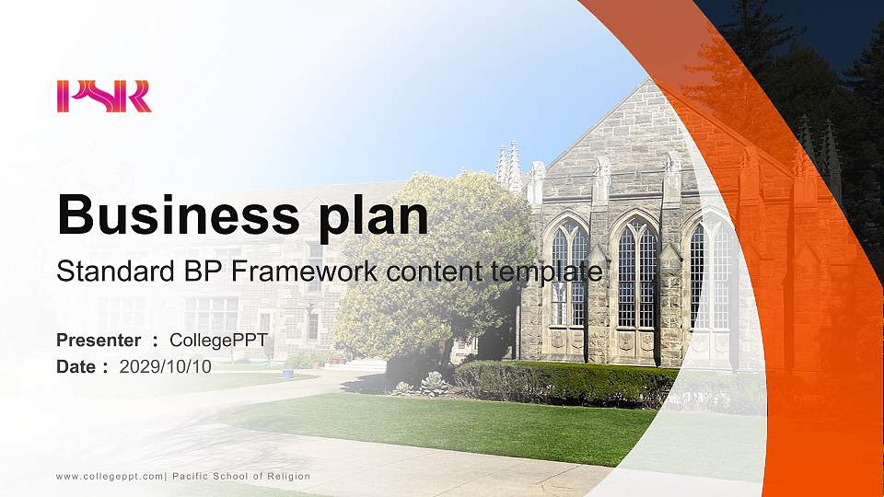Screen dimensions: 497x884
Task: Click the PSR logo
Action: pos(103,97)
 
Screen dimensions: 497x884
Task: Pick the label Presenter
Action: pos(99,341)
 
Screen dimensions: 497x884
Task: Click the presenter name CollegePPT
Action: pos(218,341)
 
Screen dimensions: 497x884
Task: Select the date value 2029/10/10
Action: pos(166,366)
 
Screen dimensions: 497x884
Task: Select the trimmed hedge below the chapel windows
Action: pos(562,383)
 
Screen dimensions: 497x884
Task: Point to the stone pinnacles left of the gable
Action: pos(508,166)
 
